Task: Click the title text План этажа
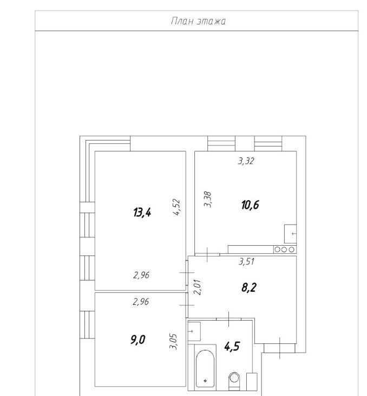tap(198, 21)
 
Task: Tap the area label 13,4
tap(142, 212)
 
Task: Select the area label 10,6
tap(250, 205)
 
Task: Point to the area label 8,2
tap(249, 288)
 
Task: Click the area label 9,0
tap(137, 340)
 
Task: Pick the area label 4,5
tap(232, 347)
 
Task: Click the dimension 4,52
tap(176, 207)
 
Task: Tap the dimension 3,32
tap(246, 161)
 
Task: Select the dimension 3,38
tap(208, 200)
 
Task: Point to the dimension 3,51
tap(246, 261)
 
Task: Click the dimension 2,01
tap(198, 287)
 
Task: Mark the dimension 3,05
tap(173, 342)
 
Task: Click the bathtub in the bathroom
tap(205, 368)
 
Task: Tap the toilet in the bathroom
tap(234, 381)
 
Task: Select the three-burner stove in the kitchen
tap(285, 250)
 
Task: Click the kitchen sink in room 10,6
tap(290, 234)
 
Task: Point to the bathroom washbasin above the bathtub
tap(194, 331)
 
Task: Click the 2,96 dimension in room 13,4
tap(141, 275)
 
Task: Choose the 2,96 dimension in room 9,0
tap(141, 302)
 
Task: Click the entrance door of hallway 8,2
tap(279, 348)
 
